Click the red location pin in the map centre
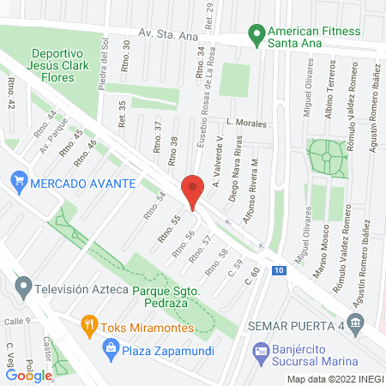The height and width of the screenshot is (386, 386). (x=192, y=190)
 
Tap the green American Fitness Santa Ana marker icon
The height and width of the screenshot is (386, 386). (x=254, y=34)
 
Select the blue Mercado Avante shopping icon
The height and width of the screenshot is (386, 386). (x=18, y=182)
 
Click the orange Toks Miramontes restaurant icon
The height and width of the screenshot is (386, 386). (x=87, y=325)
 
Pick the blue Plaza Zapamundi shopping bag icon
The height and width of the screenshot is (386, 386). (x=110, y=347)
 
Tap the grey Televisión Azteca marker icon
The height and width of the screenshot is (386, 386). (x=23, y=286)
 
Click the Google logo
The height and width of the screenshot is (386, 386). (x=29, y=375)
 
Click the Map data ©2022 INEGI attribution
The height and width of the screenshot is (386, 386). (x=335, y=379)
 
